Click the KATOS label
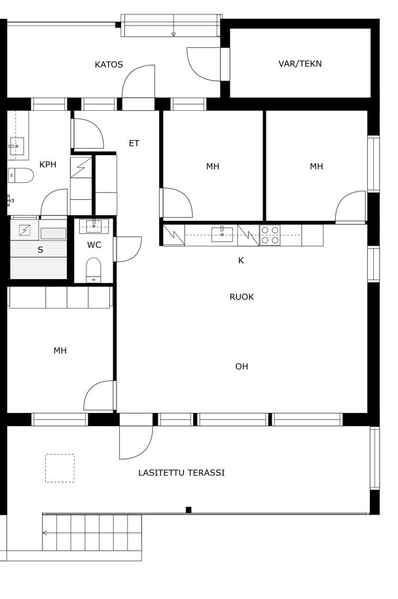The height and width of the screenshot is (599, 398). click(109, 64)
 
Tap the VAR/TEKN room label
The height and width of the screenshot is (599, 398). click(300, 64)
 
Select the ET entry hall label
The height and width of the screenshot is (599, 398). click(134, 144)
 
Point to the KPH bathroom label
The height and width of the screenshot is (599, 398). click(48, 164)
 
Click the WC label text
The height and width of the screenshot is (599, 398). click(94, 245)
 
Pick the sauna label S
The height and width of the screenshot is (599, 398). click(40, 250)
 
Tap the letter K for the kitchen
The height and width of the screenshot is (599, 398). click(241, 261)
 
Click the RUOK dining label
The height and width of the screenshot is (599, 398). click(242, 297)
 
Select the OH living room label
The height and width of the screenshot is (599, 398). click(242, 367)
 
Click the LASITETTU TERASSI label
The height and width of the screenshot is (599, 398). click(181, 473)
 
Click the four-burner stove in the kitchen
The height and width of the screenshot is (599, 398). click(270, 235)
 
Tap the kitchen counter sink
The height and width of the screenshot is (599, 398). click(222, 234)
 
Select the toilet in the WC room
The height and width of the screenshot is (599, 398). click(94, 270)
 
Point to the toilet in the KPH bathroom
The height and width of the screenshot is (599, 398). click(21, 176)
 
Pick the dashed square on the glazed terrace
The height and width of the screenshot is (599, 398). click(60, 468)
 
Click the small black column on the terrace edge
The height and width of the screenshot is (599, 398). click(189, 510)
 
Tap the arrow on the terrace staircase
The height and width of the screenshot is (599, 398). click(45, 533)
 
